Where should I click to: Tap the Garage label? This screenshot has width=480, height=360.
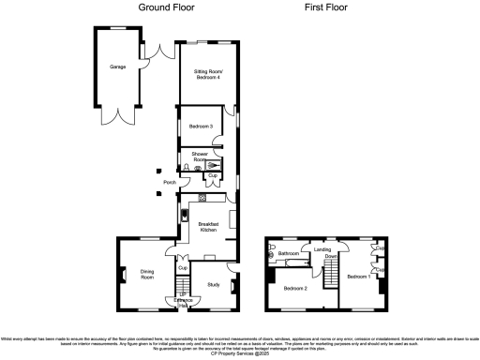117,67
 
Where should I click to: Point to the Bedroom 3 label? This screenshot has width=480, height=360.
198,126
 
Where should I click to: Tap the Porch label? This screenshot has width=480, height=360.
170,182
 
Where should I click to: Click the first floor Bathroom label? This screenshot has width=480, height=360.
288,254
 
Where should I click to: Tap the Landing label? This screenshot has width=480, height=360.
323,249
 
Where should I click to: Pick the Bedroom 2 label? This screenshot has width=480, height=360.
296,288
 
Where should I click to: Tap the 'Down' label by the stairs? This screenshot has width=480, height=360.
331,255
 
